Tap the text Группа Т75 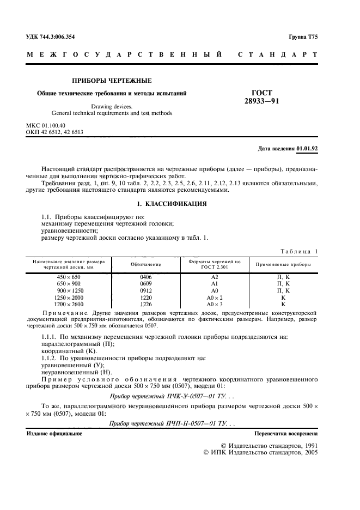coord(303,37)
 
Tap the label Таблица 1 coord(298,251)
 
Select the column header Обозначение coord(146,264)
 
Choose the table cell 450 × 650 coord(68,277)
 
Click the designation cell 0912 coord(146,291)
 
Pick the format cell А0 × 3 coord(214,305)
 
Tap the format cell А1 coord(214,284)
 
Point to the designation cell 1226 coord(146,305)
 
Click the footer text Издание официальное coord(54,434)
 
